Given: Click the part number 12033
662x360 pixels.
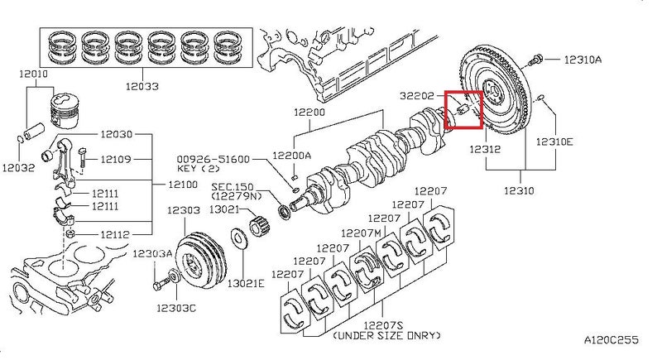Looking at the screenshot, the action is point(142,87).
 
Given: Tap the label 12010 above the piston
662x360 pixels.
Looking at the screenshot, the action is point(33,74).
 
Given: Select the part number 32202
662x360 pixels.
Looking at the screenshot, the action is point(417,96).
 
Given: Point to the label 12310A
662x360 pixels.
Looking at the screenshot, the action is point(583,60).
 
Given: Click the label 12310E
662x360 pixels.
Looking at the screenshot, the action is point(554,142).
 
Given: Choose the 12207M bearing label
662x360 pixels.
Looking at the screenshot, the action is point(361,233).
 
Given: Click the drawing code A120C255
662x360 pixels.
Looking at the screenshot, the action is point(612,340).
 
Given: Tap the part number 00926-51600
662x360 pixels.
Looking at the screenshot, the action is point(213,159).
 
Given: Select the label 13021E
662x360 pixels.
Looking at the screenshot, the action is point(246,283).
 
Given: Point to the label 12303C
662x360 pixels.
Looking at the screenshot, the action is point(176,308).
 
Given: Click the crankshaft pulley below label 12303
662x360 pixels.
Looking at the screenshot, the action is point(201,260).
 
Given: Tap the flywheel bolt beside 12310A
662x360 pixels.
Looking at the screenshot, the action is point(534,60).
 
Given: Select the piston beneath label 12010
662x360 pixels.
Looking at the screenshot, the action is point(65,111).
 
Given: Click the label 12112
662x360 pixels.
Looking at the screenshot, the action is point(115,234).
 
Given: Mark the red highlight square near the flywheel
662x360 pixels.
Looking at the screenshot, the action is point(463,110).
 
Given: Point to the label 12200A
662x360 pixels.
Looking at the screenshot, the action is point(292,155).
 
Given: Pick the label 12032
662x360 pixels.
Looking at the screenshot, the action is point(18,167).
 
